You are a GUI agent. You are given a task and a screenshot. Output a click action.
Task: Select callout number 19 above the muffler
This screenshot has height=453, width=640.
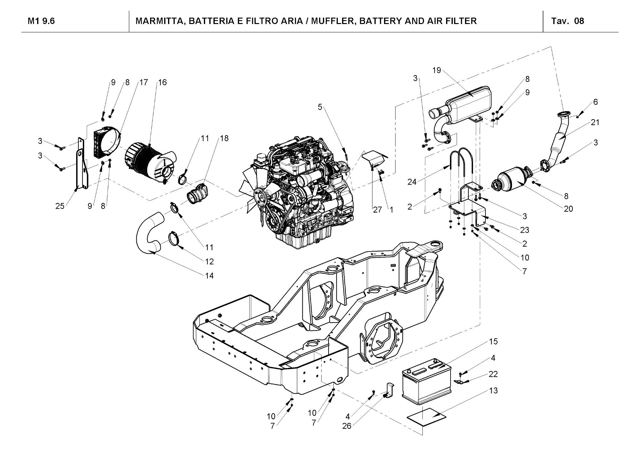pos(437,70)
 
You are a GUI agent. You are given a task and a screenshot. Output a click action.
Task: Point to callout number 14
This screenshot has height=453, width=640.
pos(209,276)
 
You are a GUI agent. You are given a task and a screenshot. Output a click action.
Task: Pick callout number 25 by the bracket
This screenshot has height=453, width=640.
pos(60,206)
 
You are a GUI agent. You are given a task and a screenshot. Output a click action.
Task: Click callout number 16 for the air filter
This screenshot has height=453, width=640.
pos(162,82)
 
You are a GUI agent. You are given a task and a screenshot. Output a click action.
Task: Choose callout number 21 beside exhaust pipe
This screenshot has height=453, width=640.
pos(595,122)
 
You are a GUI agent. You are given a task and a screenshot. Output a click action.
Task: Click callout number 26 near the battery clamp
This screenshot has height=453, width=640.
pos(347,426)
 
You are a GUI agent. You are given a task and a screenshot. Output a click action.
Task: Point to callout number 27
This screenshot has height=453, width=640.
pos(378,210)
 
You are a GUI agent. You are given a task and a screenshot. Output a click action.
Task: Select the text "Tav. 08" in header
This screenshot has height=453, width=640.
pos(568,21)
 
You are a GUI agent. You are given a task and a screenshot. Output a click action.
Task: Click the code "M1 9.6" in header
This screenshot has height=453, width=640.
pos(41,21)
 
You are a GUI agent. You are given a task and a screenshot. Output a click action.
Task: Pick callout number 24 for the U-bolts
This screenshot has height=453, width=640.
pos(412,182)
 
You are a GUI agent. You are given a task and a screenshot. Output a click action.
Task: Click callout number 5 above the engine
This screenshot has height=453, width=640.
pos(320,107)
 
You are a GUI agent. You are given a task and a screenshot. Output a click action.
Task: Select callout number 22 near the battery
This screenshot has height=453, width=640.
pos(493,374)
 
